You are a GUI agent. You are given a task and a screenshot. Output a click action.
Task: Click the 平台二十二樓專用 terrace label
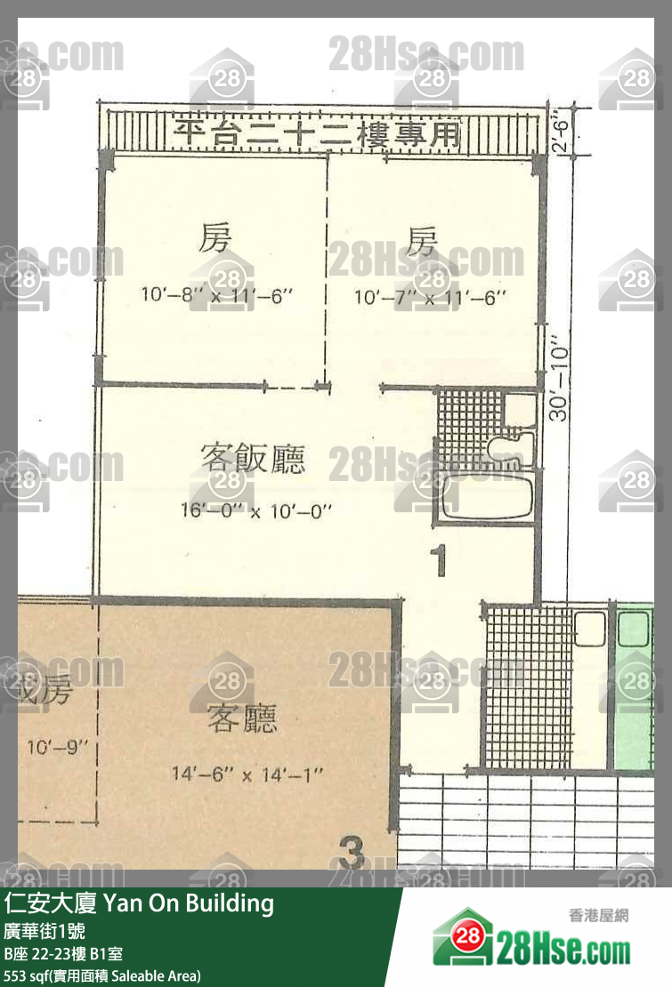coord(319,135)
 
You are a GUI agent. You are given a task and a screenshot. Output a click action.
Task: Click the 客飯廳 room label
coord(253,459)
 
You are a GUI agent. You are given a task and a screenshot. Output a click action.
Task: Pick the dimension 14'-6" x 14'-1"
coord(247,774)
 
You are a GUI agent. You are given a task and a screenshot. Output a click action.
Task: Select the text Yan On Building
coord(189,903)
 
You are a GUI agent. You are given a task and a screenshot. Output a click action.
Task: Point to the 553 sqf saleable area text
coord(102,975)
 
